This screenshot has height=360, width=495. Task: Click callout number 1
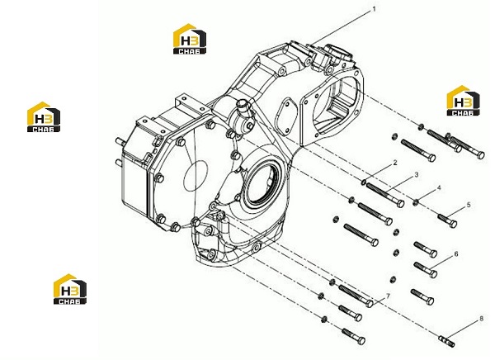(374, 9)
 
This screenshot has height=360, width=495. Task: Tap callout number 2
(395, 163)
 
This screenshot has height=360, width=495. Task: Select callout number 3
(417, 175)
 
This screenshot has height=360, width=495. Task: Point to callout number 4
(439, 188)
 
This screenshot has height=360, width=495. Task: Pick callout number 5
(469, 205)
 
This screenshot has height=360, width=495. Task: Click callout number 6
(456, 253)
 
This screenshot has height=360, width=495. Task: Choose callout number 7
(388, 296)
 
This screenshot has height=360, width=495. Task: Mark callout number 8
(481, 319)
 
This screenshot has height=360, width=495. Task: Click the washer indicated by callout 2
(364, 182)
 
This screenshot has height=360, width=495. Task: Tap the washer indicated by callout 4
(416, 202)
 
